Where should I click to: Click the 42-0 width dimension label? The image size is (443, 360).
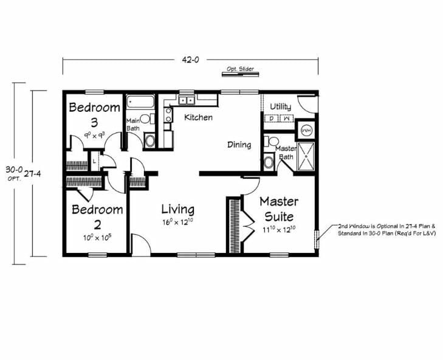click(x=190, y=60)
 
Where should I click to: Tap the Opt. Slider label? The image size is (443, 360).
click(x=240, y=69)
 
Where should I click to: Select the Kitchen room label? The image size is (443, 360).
click(x=198, y=117)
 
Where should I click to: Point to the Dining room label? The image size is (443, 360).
click(x=239, y=145)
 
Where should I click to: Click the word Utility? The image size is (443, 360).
click(x=280, y=107)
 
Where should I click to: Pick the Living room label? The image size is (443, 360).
click(x=177, y=210)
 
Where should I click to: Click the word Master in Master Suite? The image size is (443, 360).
click(x=278, y=201)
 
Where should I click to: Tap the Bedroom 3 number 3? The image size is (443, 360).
click(x=94, y=120)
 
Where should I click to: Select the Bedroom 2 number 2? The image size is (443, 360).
click(x=97, y=223)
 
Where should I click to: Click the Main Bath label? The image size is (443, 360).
click(x=134, y=124)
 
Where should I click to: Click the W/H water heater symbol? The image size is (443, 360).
click(x=307, y=130)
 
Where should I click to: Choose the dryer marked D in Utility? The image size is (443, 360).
click(x=272, y=119)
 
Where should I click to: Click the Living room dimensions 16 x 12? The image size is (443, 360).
click(x=177, y=223)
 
